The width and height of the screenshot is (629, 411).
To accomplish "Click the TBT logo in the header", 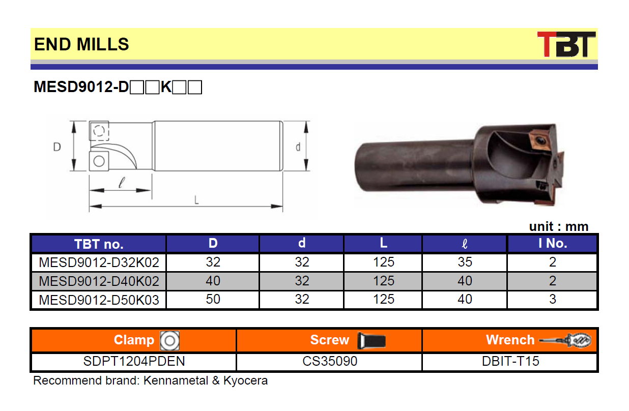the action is coord(566,44).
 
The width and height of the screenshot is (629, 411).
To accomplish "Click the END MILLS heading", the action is coord(81,44).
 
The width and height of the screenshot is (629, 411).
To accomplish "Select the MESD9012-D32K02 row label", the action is coord(99,262).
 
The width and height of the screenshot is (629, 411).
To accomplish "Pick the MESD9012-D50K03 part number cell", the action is coord(99,300).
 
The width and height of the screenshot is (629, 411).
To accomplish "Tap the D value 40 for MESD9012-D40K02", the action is coord(213,281).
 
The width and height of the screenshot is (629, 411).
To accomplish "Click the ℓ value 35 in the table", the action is coord(465,262).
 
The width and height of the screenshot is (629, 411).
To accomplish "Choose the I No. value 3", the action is coord(552,299).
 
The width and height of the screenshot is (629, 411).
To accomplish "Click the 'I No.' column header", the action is coord(553,243).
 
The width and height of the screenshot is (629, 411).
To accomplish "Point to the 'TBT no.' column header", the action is coord(99,244).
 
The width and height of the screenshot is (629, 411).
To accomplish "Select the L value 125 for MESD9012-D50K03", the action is coord(384,299).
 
